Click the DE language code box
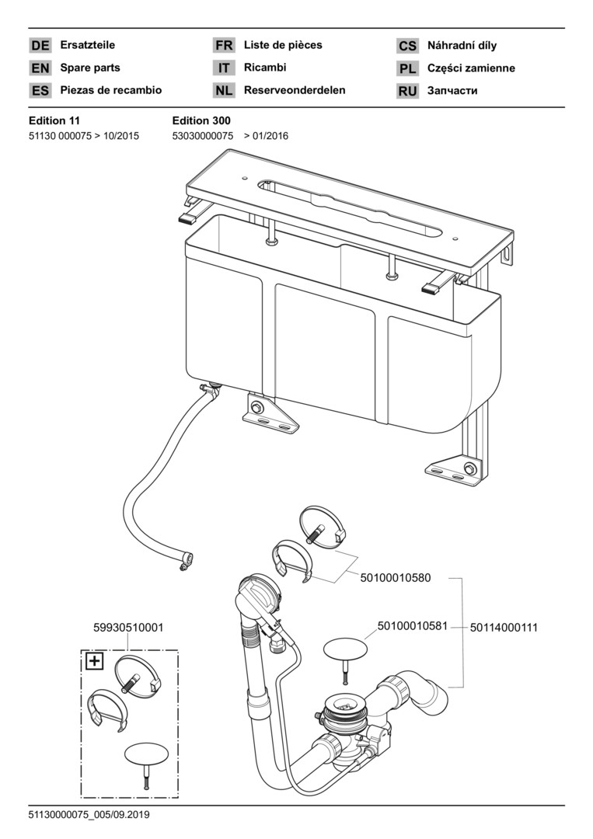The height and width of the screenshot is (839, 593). point(40,46)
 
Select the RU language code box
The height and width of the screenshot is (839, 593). point(408,91)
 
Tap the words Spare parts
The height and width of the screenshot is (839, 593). point(90,68)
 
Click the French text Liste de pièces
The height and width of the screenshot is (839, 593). point(282,46)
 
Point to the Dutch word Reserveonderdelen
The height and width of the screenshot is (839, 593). point(295,90)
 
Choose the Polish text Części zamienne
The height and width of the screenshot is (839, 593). point(471,68)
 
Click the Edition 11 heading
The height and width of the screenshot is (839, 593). point(54,120)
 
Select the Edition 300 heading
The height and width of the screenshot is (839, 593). point(201,120)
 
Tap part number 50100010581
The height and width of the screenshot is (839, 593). point(413,625)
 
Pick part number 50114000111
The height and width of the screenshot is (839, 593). point(504,627)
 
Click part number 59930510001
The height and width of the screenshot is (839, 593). point(127,627)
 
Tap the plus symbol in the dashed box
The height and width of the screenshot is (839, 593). point(94,662)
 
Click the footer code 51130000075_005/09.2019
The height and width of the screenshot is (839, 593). point(89,815)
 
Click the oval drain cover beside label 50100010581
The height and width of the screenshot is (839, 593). point(345,647)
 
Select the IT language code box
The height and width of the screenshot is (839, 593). point(224,68)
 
